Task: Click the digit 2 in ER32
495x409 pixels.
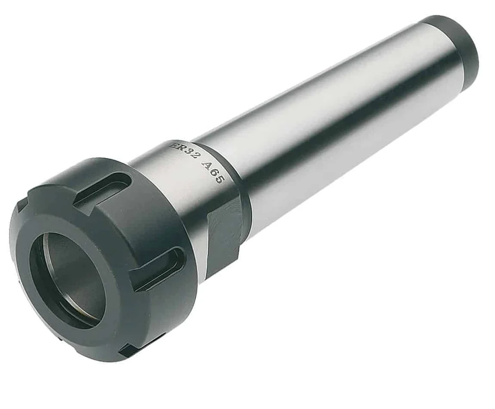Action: (x=196, y=157)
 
